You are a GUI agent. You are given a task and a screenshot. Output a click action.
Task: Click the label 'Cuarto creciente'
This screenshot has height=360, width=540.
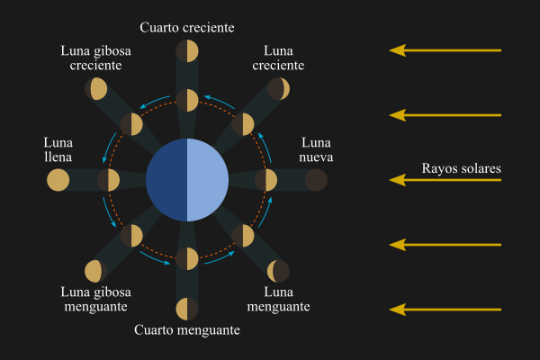coord(187,27)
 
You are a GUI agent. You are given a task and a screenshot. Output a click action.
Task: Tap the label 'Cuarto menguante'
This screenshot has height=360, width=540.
coord(187,330)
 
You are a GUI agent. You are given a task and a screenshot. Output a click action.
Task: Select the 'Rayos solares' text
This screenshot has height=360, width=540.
coord(461,168)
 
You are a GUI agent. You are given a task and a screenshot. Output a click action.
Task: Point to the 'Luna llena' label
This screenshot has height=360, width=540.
coord(58,151)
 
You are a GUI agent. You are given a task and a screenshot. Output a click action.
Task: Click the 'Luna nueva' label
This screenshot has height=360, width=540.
coord(316,151)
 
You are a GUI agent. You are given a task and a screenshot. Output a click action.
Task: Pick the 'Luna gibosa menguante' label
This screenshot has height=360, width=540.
coord(96,300)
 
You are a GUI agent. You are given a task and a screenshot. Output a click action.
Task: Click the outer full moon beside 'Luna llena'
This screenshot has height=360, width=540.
coord(58,180)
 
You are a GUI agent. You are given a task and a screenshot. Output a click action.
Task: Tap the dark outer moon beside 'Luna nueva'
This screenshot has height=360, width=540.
coord(316,180)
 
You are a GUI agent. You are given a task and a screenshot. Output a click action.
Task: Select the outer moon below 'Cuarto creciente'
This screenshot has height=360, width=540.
coord(187,51)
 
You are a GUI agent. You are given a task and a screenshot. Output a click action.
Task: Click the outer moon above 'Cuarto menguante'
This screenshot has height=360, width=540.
coord(187,309)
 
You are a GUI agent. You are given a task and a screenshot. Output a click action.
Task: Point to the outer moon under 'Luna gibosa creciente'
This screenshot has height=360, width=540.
coord(96,89)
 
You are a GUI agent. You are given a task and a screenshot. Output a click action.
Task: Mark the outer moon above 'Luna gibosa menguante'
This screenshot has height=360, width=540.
coord(96,271)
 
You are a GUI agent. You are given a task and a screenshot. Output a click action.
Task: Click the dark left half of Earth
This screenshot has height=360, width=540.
coord(166,180)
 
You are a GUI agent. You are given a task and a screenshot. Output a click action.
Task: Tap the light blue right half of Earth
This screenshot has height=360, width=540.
coord(208,180)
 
